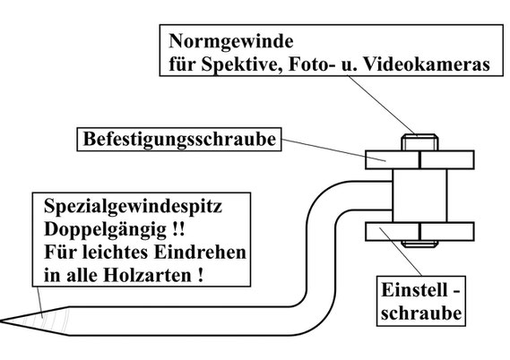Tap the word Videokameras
coord(427,64)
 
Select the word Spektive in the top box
coord(242,64)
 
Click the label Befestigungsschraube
coord(179,139)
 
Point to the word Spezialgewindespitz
coord(133,206)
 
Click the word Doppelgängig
coord(106,230)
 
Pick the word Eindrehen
coord(200,253)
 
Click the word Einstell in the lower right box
coord(411,290)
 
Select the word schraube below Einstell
coord(421,313)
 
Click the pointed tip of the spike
coord(1,321)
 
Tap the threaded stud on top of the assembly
coord(419,142)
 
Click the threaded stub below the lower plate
coord(419,244)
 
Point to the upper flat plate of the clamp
coord(419,160)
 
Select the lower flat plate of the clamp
coord(419,232)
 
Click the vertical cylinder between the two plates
coord(419,195)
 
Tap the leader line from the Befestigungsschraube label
coord(333,150)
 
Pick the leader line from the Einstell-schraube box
coord(401,253)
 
